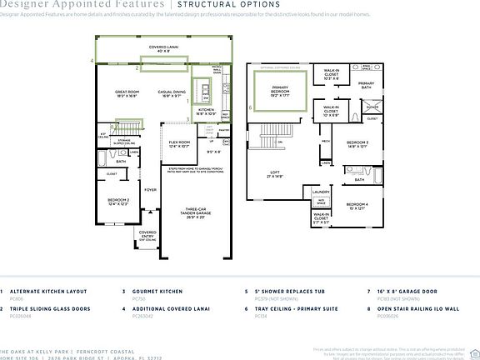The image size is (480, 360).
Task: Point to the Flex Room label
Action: tap(180, 143)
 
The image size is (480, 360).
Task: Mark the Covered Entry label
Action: tap(147, 236)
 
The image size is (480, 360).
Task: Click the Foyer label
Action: tap(150, 190)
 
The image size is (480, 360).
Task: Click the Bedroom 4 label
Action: tap(357, 205)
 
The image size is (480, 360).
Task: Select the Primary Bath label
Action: tap(366, 84)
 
